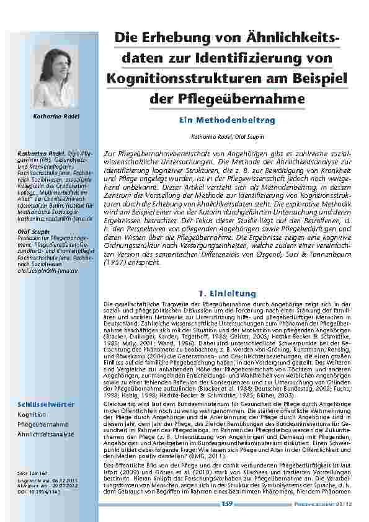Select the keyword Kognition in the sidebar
coord(32,415)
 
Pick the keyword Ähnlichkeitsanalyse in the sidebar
coord(46,435)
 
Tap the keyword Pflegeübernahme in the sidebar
coord(43,425)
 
